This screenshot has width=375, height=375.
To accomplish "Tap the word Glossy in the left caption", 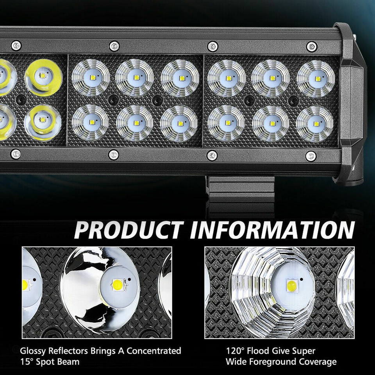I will [33, 351].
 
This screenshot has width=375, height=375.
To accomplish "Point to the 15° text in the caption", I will [27, 362].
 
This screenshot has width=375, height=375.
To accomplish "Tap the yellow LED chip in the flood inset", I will [291, 285].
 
